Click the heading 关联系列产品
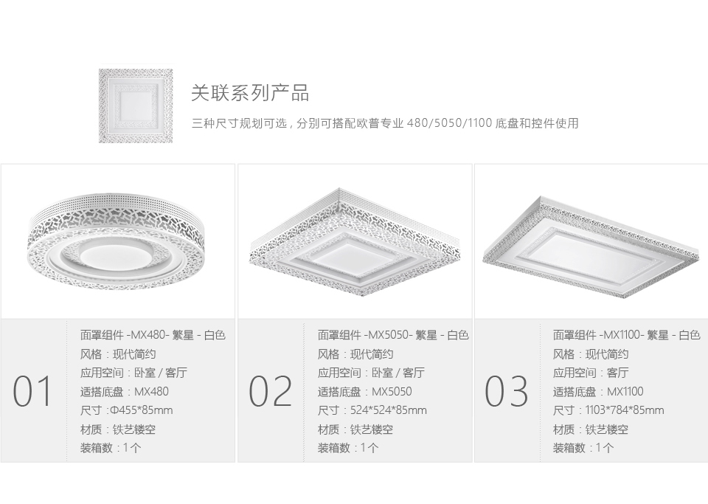coord(250,93)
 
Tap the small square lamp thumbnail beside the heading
coord(136,106)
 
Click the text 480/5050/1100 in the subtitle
coord(449,123)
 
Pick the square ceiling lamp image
coord(355,242)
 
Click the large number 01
coord(32,391)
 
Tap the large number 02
coord(270,391)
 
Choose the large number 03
coord(506,391)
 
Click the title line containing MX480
coord(153,335)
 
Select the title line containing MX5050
coord(393,335)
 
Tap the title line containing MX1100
coord(626,335)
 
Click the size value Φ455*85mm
coord(142,410)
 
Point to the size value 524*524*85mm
coord(389,410)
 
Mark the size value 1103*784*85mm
coord(625,410)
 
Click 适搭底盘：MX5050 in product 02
coord(364,392)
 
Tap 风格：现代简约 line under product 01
coord(118,354)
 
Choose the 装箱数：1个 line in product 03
coord(583,448)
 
